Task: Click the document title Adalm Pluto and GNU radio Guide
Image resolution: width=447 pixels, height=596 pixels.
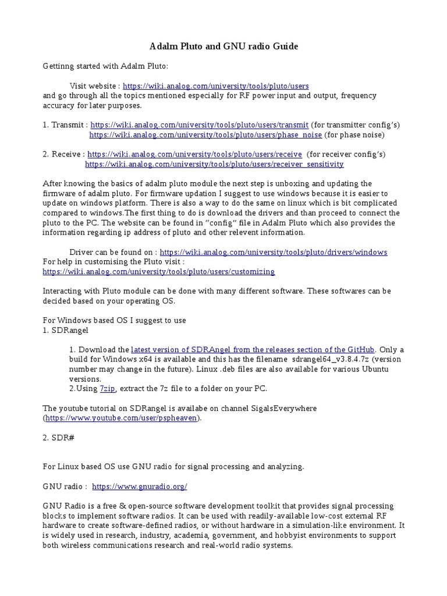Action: [x=224, y=46]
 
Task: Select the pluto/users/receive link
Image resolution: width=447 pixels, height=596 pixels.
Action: [x=194, y=154]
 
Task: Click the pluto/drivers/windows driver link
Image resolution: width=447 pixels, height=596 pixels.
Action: [x=273, y=252]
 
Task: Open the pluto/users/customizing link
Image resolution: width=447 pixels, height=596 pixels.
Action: [x=158, y=272]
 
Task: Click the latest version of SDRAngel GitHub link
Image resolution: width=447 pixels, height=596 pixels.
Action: [x=253, y=350]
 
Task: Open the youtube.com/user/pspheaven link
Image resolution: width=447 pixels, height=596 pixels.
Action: [x=122, y=418]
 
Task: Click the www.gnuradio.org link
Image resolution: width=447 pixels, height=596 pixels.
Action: [x=140, y=486]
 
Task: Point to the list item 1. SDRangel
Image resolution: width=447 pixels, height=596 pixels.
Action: [x=66, y=330]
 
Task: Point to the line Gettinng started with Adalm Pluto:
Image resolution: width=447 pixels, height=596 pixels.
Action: [x=105, y=66]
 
